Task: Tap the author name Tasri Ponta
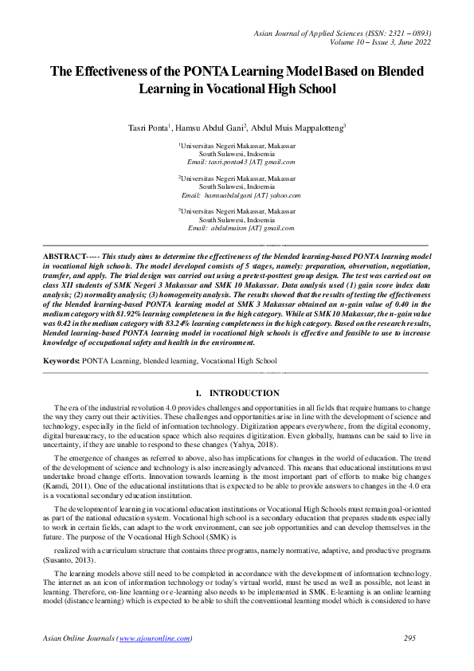[148, 128]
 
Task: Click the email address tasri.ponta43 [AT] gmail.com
[240, 162]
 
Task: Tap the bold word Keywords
[61, 361]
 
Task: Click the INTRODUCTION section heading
[244, 394]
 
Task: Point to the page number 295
[410, 639]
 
